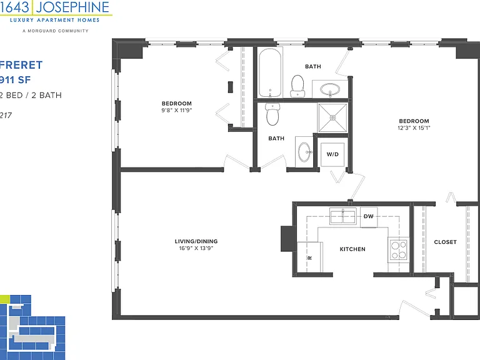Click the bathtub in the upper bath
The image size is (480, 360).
(x=270, y=72)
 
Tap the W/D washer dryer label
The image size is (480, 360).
(x=332, y=154)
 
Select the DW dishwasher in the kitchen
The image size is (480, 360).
(x=369, y=217)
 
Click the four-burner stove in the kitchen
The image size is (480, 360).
(x=399, y=250)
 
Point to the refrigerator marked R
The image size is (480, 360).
(x=310, y=257)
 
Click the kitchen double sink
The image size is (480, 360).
(x=343, y=216)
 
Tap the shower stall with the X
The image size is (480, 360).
(x=332, y=118)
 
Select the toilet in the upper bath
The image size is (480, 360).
(x=297, y=86)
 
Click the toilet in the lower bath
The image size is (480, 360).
(x=272, y=114)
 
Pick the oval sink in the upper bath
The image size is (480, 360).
(x=330, y=90)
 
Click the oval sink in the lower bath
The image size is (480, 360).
(x=304, y=151)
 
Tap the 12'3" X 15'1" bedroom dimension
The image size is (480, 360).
(x=414, y=128)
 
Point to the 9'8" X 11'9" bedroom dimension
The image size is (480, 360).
(x=177, y=110)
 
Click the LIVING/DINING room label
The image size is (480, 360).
(x=196, y=241)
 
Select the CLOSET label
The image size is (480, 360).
(x=446, y=242)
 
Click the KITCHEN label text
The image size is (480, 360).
(x=352, y=249)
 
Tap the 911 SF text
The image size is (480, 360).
(x=15, y=80)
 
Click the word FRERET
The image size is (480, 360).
(x=21, y=65)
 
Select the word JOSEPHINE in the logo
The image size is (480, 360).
(x=72, y=7)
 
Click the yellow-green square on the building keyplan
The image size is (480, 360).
(x=5, y=299)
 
